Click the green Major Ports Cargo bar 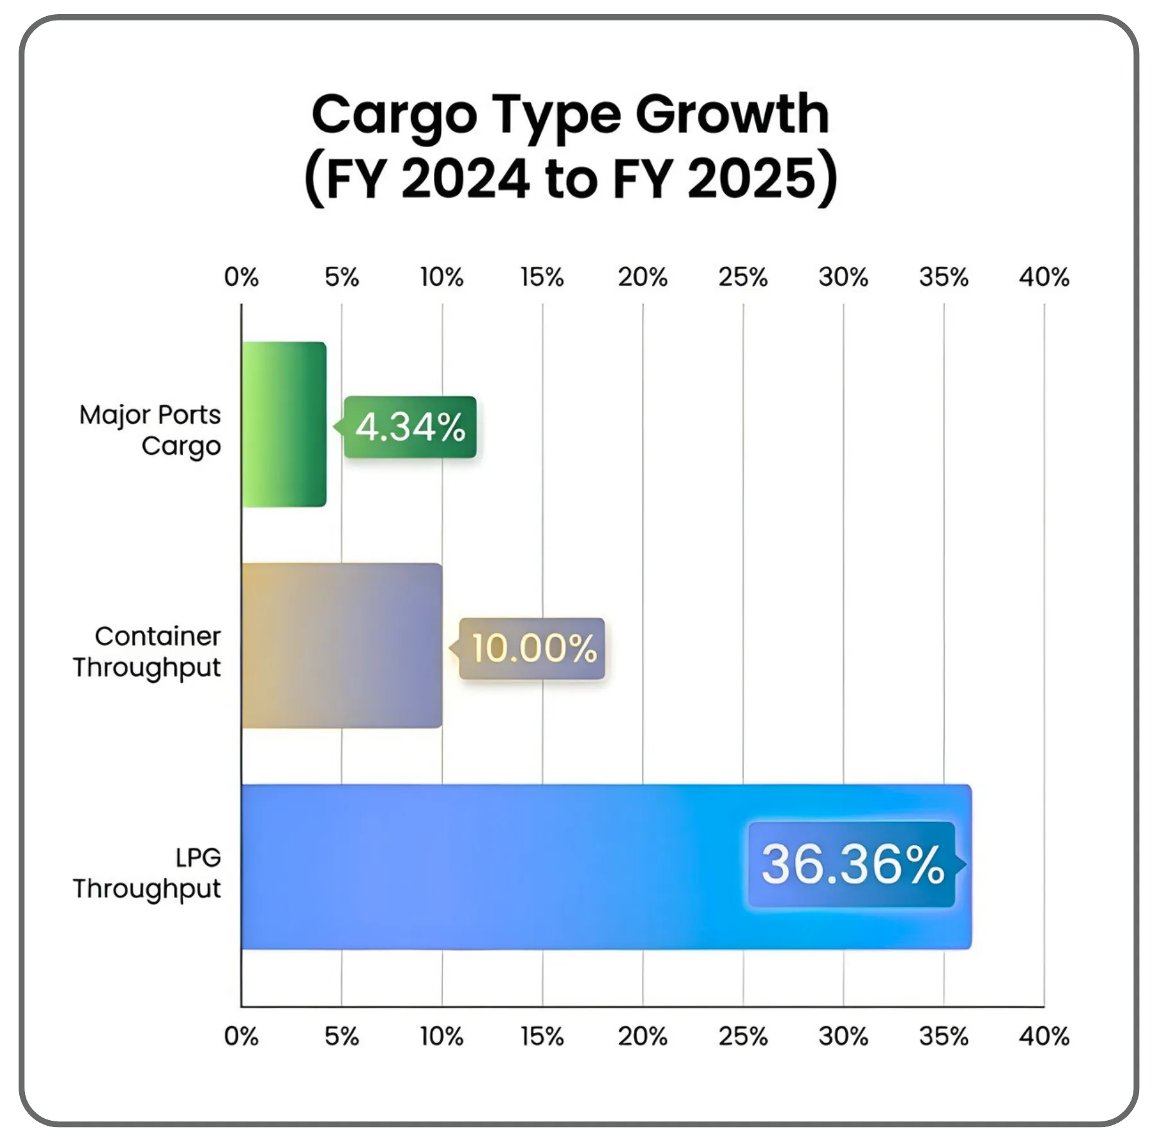[284, 425]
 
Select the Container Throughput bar [341, 645]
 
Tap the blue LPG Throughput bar [488, 866]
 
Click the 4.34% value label [410, 427]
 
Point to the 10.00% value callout [533, 648]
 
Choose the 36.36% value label [852, 864]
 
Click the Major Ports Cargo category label [150, 430]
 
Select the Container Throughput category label [148, 651]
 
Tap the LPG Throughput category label [148, 873]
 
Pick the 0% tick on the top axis [241, 277]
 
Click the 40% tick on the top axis [1044, 277]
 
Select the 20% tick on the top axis [642, 277]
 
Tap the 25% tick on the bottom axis [743, 1036]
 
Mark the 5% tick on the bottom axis [341, 1036]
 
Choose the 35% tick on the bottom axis [943, 1036]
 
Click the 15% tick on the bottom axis [542, 1036]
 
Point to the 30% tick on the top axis [843, 277]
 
